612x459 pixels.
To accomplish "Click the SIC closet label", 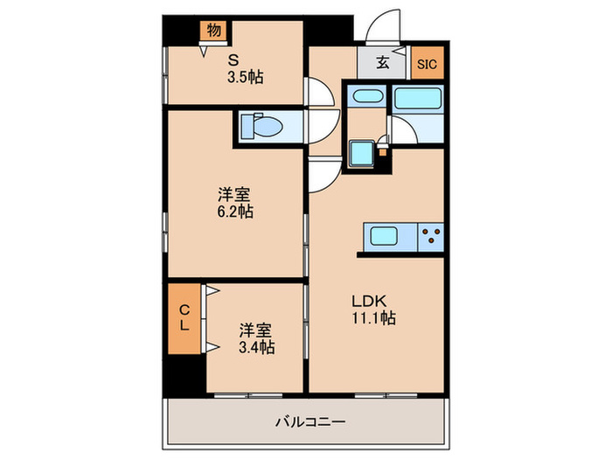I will (x=426, y=63).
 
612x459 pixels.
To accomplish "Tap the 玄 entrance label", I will (x=383, y=62).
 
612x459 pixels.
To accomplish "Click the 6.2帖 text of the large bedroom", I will (x=235, y=212).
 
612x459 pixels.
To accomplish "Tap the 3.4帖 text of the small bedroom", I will (x=256, y=347).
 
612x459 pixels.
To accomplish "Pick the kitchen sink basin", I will (x=386, y=236).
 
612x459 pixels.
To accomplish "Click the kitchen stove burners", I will (x=430, y=236).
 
